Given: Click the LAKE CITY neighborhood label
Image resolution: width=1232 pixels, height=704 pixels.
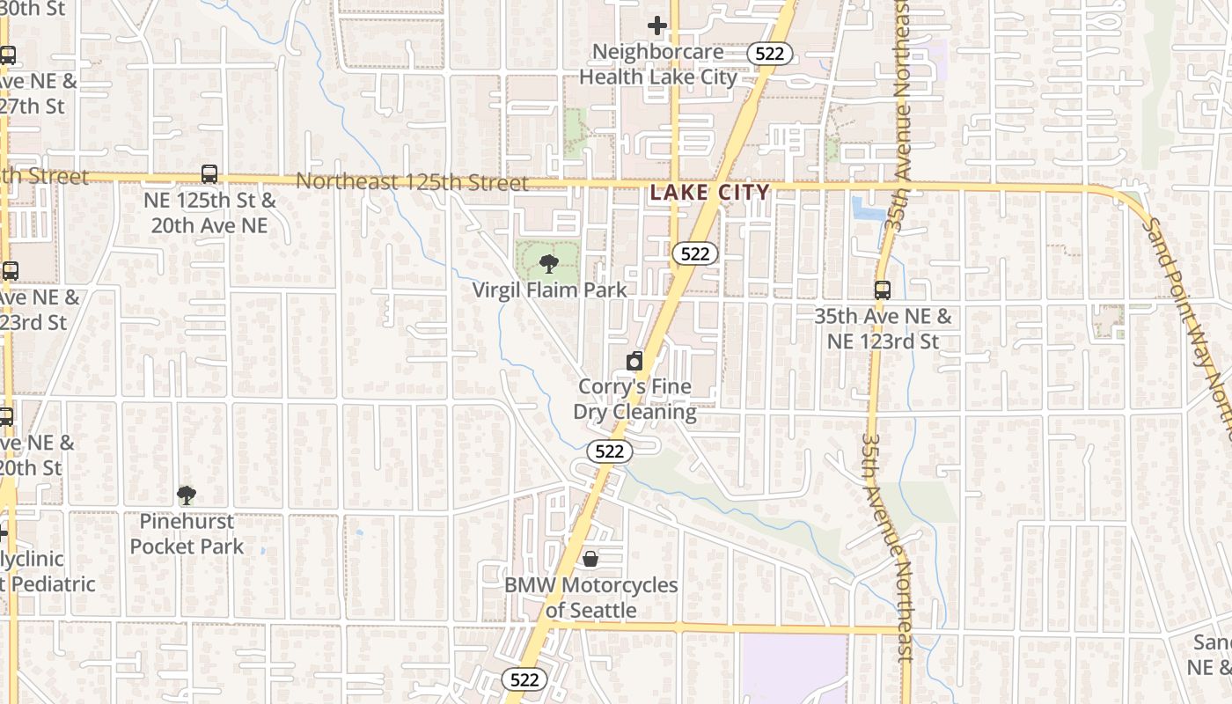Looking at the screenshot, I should point(709,192).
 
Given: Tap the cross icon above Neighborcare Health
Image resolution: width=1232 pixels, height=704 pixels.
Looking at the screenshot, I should point(656,26).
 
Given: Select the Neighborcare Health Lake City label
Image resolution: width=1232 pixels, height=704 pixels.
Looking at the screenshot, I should point(658,64).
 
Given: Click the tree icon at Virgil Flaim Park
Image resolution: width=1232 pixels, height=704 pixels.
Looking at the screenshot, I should point(548,263).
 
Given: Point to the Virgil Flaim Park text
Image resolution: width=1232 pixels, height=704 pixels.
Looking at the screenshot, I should point(549,290).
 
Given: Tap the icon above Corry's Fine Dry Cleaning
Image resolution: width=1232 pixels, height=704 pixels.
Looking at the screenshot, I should point(634,361).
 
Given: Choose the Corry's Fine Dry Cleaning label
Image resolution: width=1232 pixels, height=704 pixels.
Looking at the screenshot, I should point(634,399).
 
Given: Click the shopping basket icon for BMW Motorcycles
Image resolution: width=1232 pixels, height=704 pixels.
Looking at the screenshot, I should point(590,559).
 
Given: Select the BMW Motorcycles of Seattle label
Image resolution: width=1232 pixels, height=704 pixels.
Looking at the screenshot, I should point(590,598).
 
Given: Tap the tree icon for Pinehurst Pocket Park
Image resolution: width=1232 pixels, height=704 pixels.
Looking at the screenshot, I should point(186,495).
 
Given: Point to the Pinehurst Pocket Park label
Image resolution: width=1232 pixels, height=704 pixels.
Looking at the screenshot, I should point(187,533).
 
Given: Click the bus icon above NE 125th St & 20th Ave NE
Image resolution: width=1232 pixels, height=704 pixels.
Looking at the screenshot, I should point(209,174).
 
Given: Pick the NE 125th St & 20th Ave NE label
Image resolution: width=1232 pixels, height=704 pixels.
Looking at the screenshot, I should point(209,213).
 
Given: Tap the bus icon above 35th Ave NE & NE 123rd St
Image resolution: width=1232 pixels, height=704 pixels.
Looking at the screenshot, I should point(882,290).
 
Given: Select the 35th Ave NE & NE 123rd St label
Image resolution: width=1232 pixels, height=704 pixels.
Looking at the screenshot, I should point(883,328).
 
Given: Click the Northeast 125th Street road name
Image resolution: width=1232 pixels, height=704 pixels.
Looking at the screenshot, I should point(412,182).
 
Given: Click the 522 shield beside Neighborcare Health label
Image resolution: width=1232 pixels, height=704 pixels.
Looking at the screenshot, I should point(770,54).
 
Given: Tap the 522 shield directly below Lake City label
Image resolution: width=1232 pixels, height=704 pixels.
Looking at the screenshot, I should point(695,253).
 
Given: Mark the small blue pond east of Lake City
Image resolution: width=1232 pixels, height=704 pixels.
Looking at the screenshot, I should point(868,209).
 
